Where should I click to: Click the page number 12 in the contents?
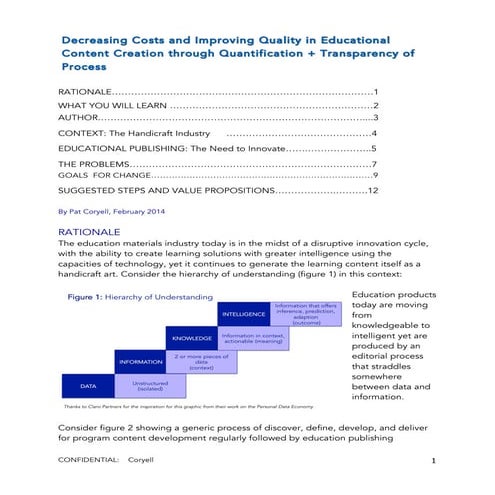click(372, 189)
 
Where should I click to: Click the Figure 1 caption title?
click(139, 296)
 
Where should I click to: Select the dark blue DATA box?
click(88, 384)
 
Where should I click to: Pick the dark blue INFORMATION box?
click(140, 361)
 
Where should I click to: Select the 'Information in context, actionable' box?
click(250, 338)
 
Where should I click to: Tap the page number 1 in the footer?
click(432, 460)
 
